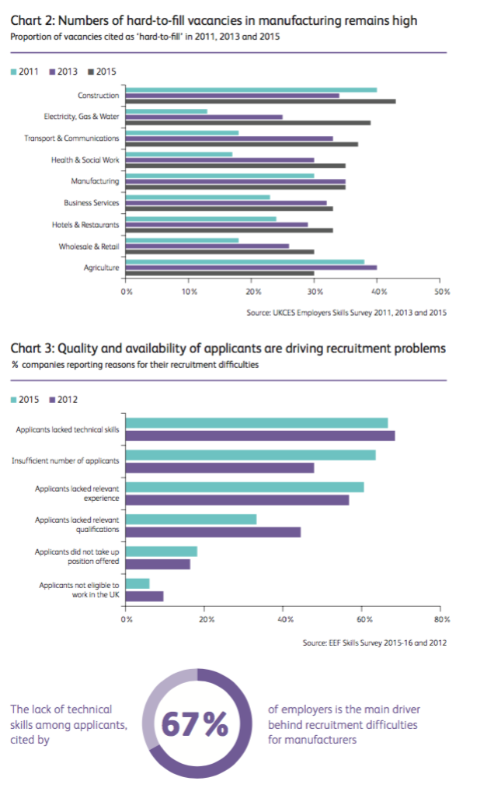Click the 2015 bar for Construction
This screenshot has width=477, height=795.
260,101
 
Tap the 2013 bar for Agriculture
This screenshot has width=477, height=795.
251,268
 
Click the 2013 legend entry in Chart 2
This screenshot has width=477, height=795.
65,72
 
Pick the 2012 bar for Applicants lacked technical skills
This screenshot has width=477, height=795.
260,436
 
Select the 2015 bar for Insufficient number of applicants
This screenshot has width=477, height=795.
251,455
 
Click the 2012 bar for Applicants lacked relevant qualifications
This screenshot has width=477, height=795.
213,531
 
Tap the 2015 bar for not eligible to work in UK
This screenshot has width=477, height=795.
138,583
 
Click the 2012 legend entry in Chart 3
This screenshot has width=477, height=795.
65,399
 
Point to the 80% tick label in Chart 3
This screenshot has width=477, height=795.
441,621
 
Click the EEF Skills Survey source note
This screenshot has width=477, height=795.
374,643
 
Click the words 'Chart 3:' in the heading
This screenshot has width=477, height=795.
31,348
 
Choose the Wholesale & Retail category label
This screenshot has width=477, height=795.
89,246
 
